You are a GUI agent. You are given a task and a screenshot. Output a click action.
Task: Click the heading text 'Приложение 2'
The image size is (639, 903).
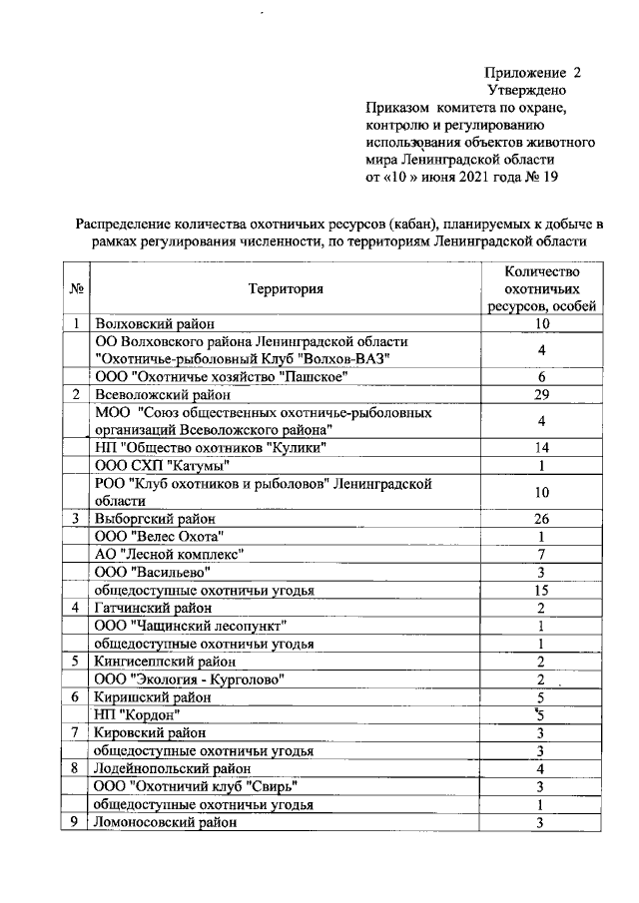point(532,73)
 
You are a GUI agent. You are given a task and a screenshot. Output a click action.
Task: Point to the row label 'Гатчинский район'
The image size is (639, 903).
point(153,608)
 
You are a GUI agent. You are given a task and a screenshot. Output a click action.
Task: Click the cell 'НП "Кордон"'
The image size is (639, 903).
point(137,714)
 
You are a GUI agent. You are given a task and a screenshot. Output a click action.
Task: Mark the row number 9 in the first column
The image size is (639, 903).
point(76,822)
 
